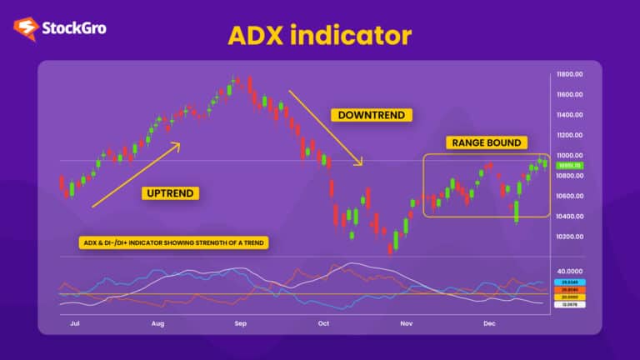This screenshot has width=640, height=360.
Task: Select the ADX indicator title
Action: coord(319,35)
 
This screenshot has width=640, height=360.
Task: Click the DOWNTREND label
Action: coord(371,115)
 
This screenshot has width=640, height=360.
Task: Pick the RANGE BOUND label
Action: coord(487,142)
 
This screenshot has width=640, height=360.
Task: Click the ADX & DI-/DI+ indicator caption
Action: coord(174,243)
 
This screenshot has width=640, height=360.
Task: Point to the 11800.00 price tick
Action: coord(574,74)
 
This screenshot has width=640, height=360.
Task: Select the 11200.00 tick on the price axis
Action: coord(574,135)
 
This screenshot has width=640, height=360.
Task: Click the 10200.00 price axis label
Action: coord(574,237)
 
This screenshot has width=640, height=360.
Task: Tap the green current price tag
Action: coord(574,166)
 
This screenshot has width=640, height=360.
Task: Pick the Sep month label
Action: coord(240,322)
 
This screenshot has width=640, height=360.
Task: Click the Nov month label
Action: coord(406,322)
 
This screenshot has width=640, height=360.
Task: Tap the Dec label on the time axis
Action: coord(489,322)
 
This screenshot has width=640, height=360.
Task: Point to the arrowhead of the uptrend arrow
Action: coord(177,145)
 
